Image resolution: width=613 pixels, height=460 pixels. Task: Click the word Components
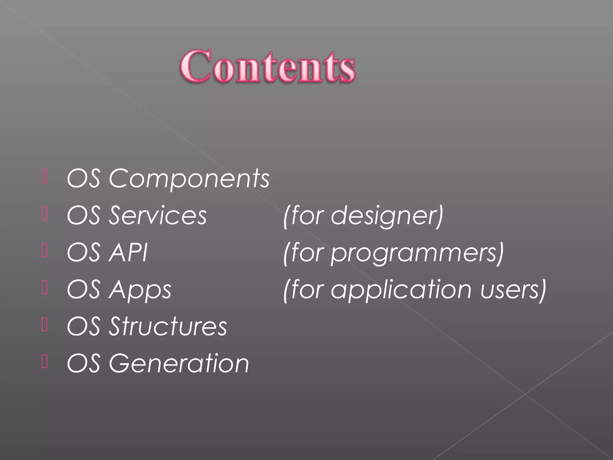click(x=189, y=178)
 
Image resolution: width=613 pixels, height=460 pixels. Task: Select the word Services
click(x=157, y=215)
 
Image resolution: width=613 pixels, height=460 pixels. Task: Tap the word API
click(x=128, y=252)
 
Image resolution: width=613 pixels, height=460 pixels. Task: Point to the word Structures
click(x=168, y=326)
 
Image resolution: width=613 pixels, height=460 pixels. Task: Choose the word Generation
click(x=179, y=363)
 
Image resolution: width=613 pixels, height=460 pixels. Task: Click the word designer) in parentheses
click(x=387, y=216)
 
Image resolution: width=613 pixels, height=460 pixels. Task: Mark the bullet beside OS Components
click(x=45, y=176)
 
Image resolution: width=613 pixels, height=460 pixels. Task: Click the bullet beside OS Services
click(x=45, y=214)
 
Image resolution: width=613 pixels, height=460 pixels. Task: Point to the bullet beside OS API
click(x=45, y=251)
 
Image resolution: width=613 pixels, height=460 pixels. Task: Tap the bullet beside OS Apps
click(x=45, y=287)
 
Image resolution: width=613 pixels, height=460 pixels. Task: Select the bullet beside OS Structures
click(x=45, y=325)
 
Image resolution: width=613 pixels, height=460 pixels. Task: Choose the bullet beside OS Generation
click(x=45, y=361)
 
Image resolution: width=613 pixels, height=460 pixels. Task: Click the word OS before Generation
click(x=84, y=363)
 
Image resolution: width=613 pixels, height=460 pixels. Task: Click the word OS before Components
click(x=84, y=178)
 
